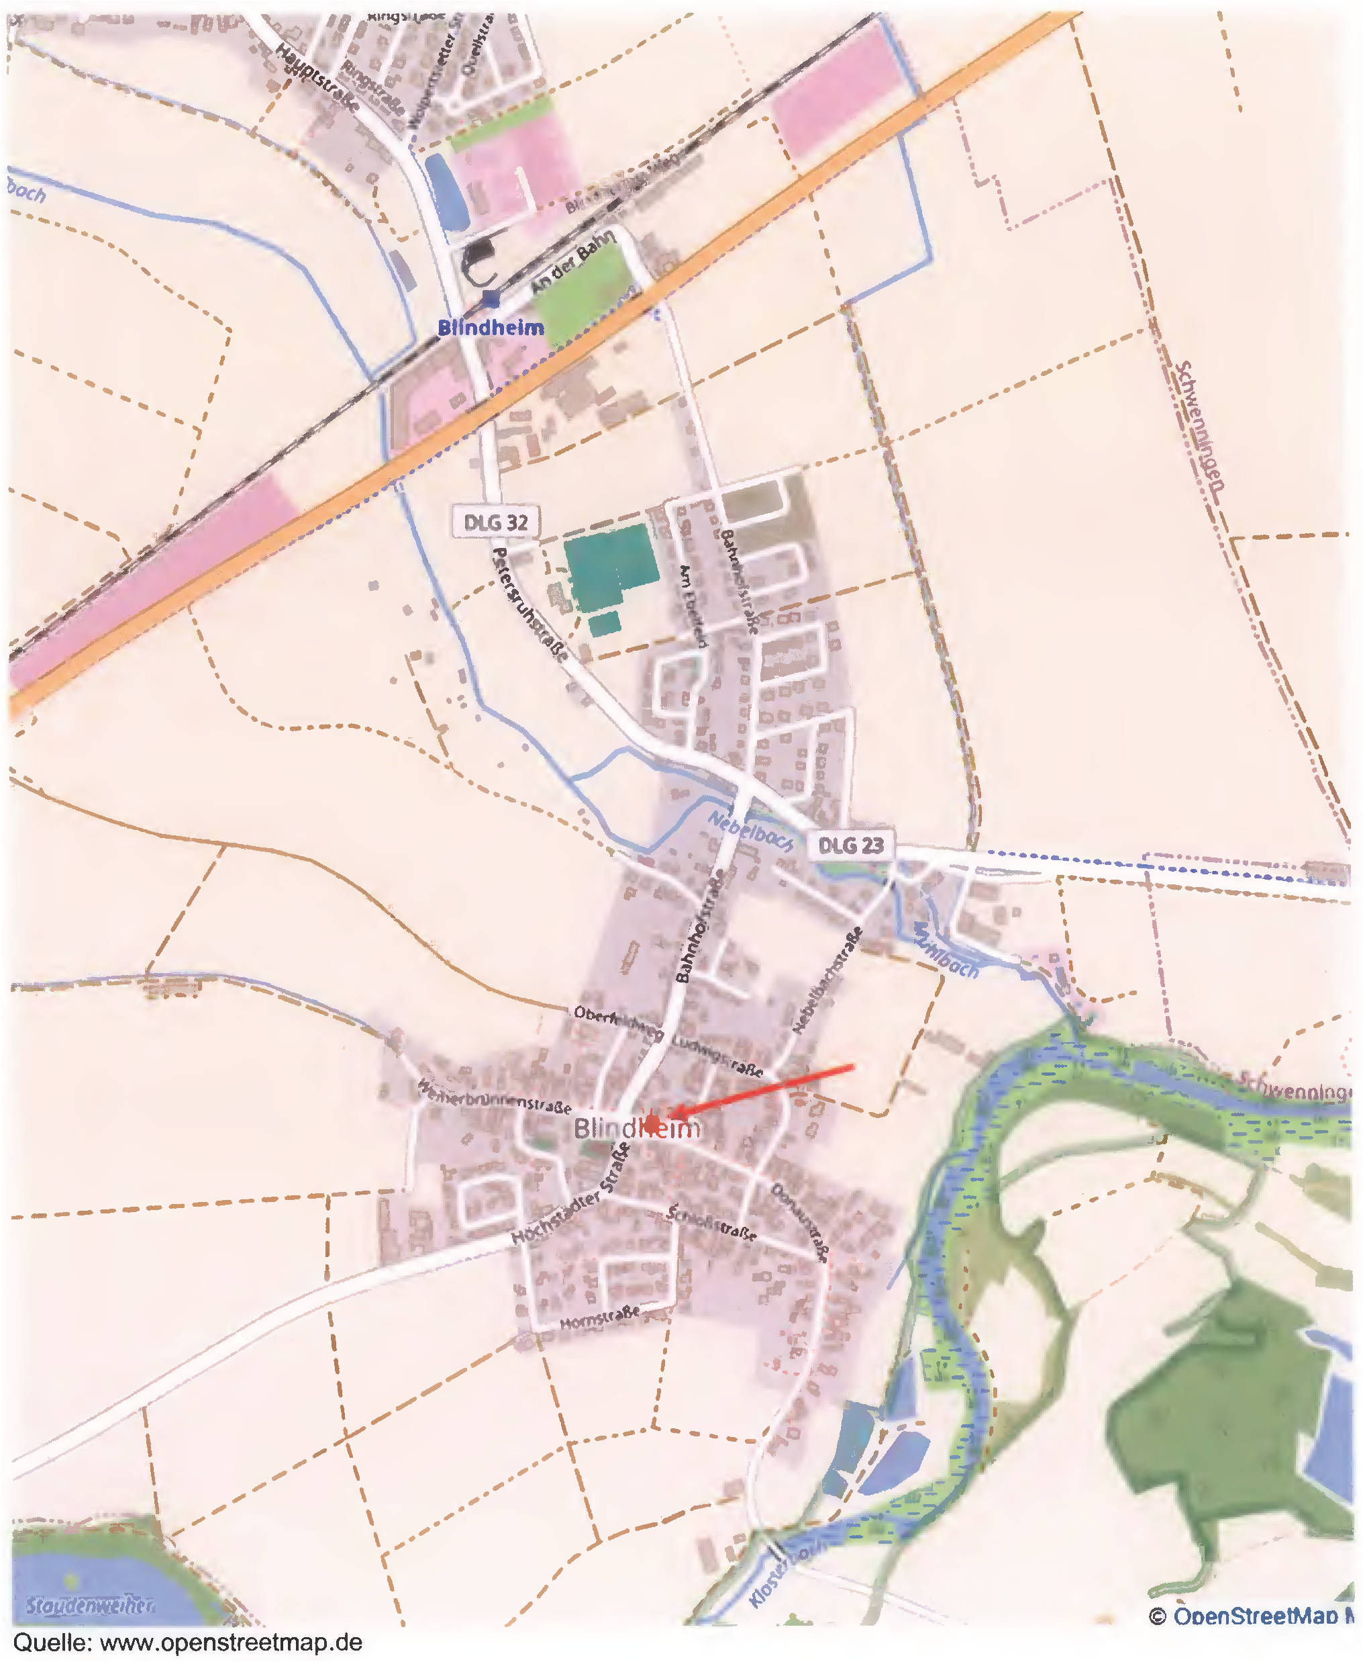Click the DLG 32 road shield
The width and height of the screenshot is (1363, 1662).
(495, 522)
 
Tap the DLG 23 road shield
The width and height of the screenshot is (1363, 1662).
(850, 846)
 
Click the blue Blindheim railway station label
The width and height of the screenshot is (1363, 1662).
(491, 328)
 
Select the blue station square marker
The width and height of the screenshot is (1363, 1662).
(491, 298)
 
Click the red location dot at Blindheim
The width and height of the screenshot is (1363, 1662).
(652, 1121)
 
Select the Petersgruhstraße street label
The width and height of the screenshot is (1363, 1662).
(529, 603)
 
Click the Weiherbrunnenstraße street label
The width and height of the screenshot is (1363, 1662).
(495, 1097)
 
